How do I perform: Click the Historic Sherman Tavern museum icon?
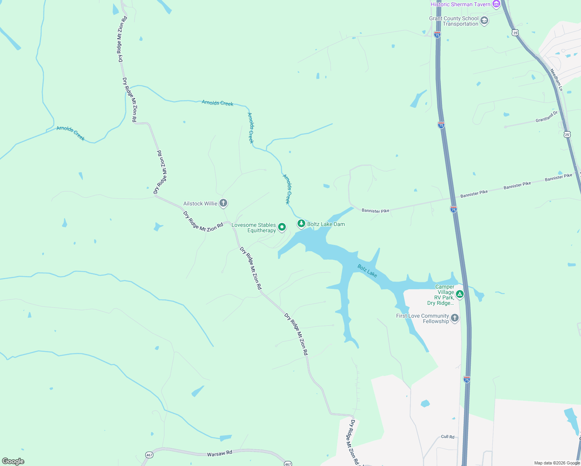coord(496,4)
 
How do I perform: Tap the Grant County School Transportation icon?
coord(484,21)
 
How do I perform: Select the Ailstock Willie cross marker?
coord(223,203)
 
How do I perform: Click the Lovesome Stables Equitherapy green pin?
coord(282,227)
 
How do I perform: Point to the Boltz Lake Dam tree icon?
coord(301,224)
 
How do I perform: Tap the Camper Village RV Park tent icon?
coord(459,294)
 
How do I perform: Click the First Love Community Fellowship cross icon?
coord(454,318)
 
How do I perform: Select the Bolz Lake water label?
coord(367,271)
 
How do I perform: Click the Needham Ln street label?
coord(556,80)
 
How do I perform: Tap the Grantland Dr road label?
coord(546,116)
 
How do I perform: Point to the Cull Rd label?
coord(447,437)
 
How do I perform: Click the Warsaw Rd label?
coord(219,453)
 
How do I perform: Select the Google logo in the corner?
coord(13,461)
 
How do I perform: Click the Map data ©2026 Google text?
coord(557,463)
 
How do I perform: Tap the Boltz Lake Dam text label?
coord(326,224)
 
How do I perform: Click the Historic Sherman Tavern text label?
coord(460,4)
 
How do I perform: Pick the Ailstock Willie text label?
coord(200,203)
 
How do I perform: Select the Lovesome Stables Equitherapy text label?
coord(254,228)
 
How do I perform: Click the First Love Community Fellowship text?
coord(422,318)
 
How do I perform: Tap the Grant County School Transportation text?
coord(454,21)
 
